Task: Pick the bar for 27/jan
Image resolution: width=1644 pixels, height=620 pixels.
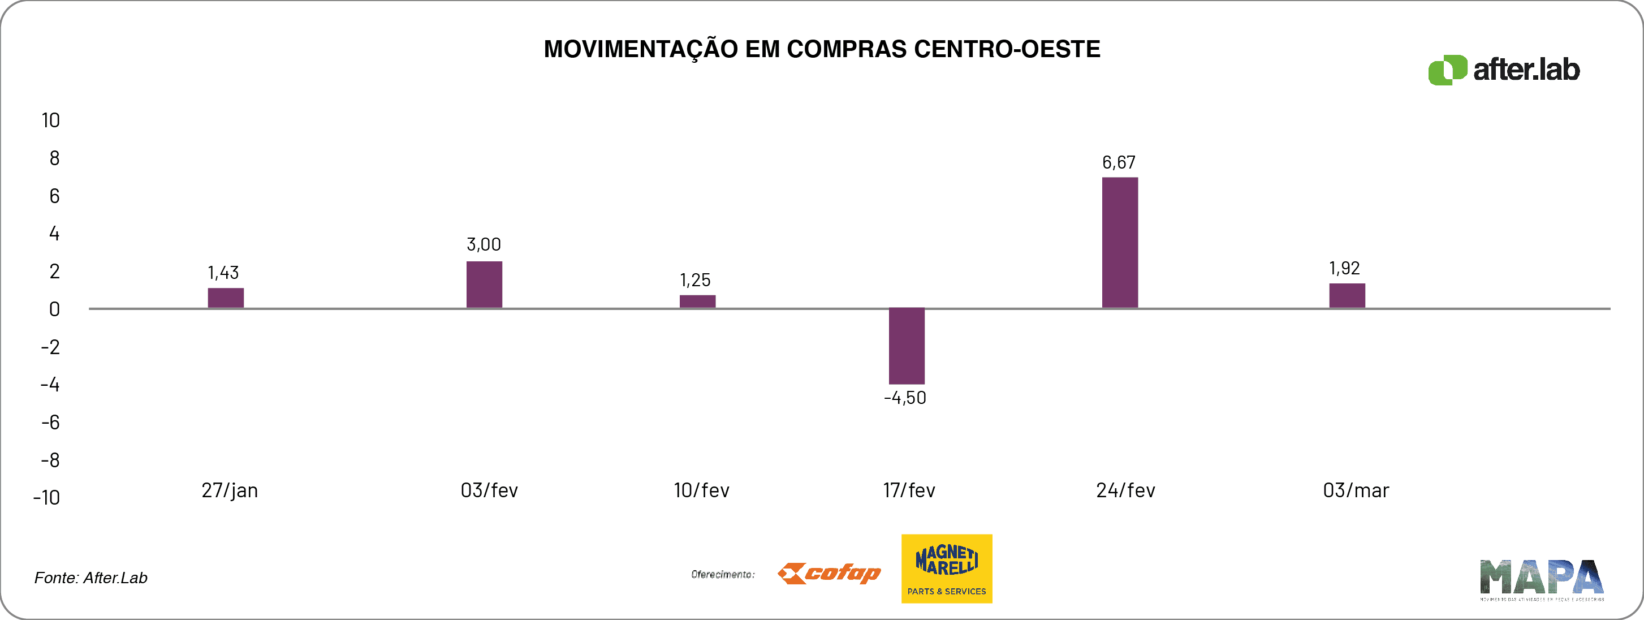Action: pyautogui.click(x=225, y=298)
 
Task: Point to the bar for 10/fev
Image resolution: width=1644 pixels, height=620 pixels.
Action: pyautogui.click(x=697, y=302)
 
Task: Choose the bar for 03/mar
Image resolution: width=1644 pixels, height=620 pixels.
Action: pyautogui.click(x=1347, y=296)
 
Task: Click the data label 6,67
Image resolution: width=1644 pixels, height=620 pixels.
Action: pyautogui.click(x=1119, y=163)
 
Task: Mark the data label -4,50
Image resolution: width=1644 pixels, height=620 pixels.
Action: pyautogui.click(x=905, y=398)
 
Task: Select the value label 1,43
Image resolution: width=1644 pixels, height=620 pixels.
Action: pyautogui.click(x=223, y=273)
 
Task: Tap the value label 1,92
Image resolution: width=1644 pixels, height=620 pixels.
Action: pyautogui.click(x=1344, y=268)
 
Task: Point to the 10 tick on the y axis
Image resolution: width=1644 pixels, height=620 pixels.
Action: pyautogui.click(x=50, y=120)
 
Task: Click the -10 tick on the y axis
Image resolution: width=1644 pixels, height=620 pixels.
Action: pyautogui.click(x=46, y=497)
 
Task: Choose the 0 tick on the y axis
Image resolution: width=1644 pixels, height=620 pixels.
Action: pyautogui.click(x=54, y=309)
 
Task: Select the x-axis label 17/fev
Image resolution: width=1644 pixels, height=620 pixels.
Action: pyautogui.click(x=909, y=490)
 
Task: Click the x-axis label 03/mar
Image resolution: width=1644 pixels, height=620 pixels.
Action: pyautogui.click(x=1356, y=490)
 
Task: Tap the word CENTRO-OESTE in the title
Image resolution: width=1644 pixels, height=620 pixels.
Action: pyautogui.click(x=1007, y=49)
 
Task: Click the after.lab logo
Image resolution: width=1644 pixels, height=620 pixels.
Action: pyautogui.click(x=1504, y=70)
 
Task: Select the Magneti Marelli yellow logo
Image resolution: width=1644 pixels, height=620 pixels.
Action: pyautogui.click(x=947, y=569)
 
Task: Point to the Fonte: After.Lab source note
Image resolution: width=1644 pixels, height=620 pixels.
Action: pyautogui.click(x=90, y=578)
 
